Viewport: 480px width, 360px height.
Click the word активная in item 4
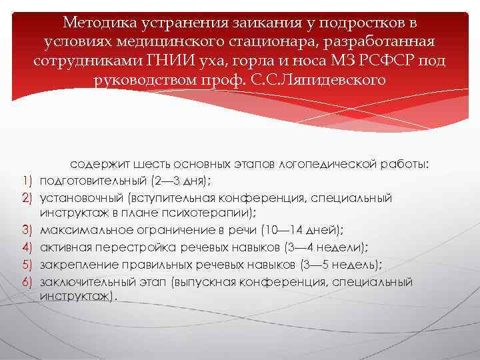[x=65, y=247]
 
